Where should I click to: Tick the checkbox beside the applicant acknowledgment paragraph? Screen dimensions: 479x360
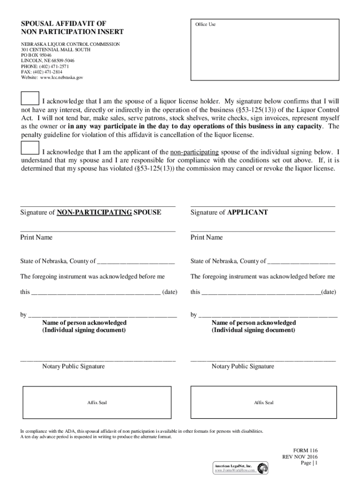click(x=29, y=148)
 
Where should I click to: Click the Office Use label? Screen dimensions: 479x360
click(x=206, y=24)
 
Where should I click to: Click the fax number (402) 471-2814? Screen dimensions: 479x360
click(x=49, y=72)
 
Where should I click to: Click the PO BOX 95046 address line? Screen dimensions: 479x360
click(x=36, y=55)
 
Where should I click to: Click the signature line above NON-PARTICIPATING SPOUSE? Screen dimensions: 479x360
click(x=98, y=205)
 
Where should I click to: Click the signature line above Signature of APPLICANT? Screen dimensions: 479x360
click(x=263, y=205)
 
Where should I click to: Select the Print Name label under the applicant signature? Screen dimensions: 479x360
click(x=207, y=238)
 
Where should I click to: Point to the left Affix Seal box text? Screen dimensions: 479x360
click(x=97, y=402)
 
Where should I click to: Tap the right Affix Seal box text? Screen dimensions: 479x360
click(x=264, y=402)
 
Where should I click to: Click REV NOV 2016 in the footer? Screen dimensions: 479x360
click(x=300, y=457)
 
